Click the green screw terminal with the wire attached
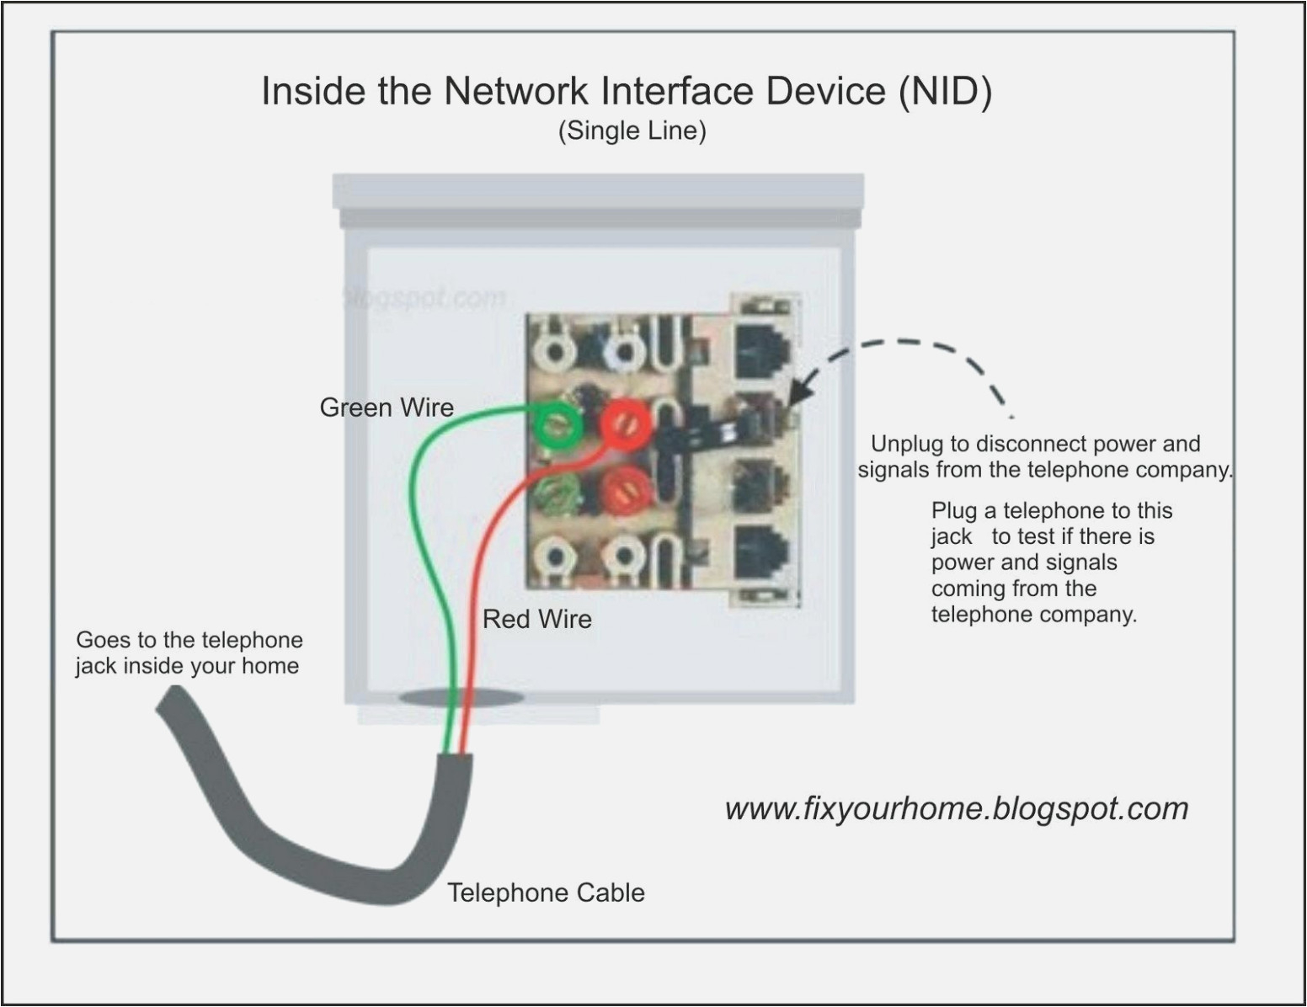[557, 425]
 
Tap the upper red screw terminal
[626, 424]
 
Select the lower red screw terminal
[626, 490]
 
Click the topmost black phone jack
[762, 349]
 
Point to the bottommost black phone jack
[762, 552]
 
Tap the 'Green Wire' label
[387, 408]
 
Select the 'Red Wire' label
[536, 620]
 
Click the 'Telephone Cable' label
[546, 893]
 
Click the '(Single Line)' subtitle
[632, 131]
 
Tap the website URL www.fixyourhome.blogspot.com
[956, 809]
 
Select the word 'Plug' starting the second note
[954, 511]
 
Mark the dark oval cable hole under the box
[461, 697]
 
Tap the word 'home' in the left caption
[270, 666]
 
